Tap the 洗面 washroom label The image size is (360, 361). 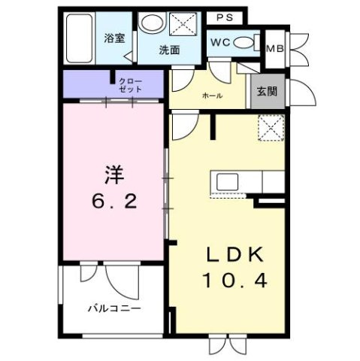pyautogui.click(x=168, y=50)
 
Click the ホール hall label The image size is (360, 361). pyautogui.click(x=212, y=96)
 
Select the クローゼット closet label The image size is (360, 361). pyautogui.click(x=126, y=83)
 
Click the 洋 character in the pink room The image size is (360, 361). pyautogui.click(x=112, y=173)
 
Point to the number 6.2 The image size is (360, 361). pyautogui.click(x=112, y=201)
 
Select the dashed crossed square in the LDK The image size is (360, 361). pyautogui.click(x=269, y=129)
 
